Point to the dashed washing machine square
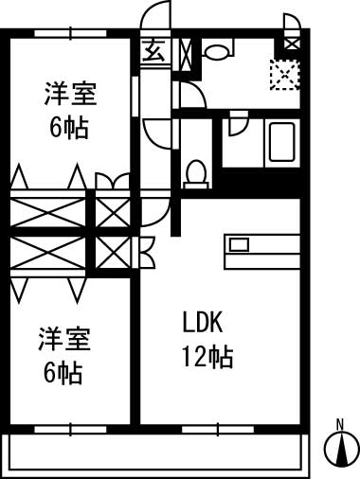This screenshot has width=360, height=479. coord(283,75)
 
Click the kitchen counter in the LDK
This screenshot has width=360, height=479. coord(261,252)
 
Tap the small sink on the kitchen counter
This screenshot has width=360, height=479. coord(239,244)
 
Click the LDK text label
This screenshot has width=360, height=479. coord(202,323)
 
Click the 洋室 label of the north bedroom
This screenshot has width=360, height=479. coord(71,96)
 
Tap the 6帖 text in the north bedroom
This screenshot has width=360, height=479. coord(70,127)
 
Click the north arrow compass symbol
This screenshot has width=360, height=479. coord(338,449)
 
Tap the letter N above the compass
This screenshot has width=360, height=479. coord(338,423)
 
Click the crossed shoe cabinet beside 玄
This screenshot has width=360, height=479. coord(186,49)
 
